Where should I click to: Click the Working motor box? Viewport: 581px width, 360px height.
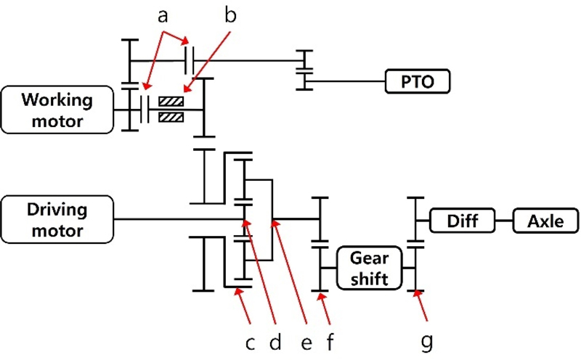coord(57,110)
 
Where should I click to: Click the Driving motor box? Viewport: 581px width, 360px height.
coord(57,220)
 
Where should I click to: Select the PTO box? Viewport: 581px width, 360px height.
coord(418,81)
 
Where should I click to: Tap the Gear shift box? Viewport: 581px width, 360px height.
coord(370,268)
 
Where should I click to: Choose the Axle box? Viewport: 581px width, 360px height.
coord(545,220)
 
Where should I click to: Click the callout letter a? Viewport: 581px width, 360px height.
coord(163,15)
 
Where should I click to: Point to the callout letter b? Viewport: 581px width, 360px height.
coord(231,15)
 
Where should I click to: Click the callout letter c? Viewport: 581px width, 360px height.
coord(248,340)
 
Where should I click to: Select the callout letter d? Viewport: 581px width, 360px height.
coord(276,340)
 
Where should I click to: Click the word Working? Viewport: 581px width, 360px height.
coord(57,99)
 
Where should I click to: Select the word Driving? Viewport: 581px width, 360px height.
coord(57,210)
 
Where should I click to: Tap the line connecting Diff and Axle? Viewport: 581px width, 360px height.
coord(504,220)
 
